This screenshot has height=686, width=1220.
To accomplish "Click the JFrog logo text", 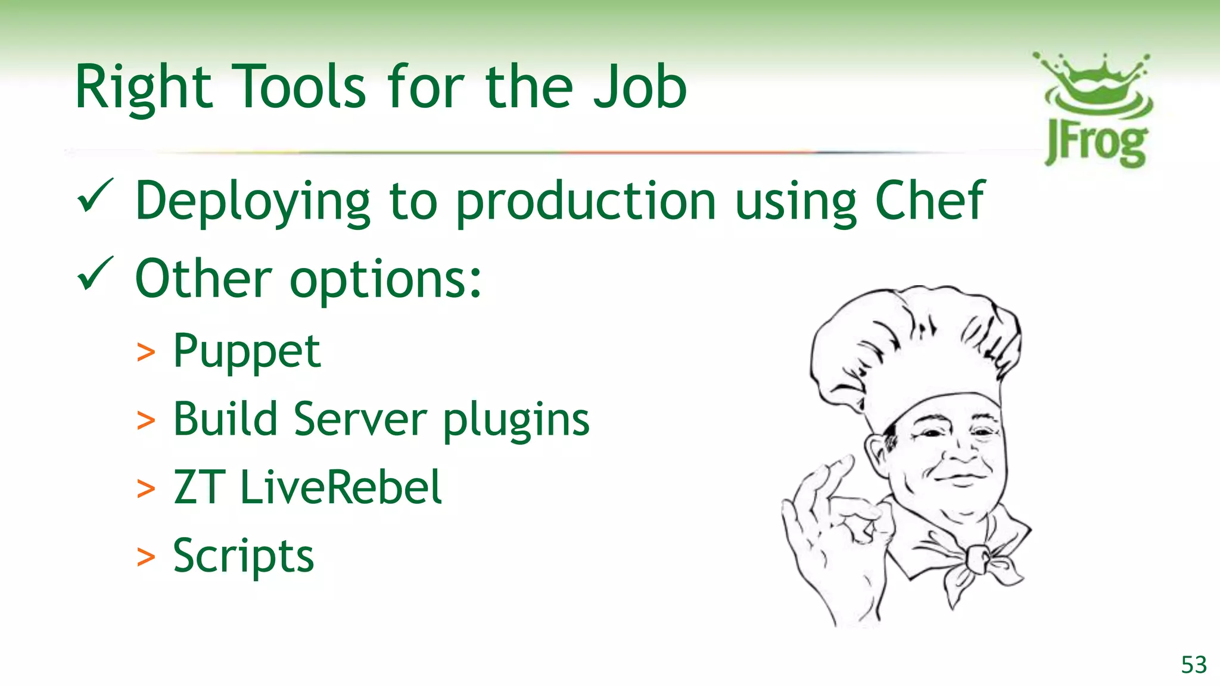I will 1096,145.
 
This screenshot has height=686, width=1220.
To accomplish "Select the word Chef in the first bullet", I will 929,201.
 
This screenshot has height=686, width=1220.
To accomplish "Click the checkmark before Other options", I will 95,273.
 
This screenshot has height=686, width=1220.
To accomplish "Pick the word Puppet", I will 247,351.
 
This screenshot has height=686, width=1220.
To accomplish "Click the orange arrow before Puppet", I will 146,353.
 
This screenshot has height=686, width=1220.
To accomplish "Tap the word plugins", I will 516,421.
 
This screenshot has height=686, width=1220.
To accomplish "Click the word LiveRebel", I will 341,487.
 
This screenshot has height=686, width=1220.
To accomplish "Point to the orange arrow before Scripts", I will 146,557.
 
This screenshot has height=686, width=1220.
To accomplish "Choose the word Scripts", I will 243,556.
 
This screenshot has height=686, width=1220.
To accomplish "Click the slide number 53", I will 1194,665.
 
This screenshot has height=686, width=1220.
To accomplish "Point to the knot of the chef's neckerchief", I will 978,558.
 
